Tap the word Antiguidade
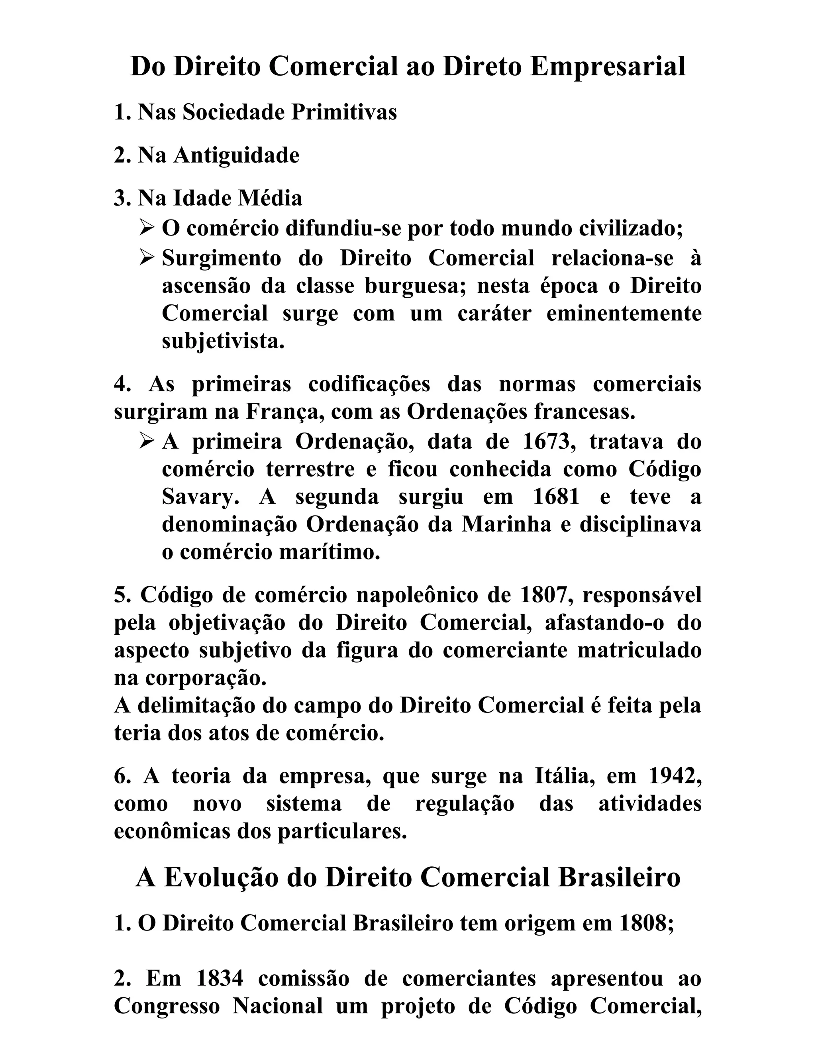coord(236,155)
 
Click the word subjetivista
coord(223,342)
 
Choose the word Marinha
coord(506,525)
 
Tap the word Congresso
coord(167,1006)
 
